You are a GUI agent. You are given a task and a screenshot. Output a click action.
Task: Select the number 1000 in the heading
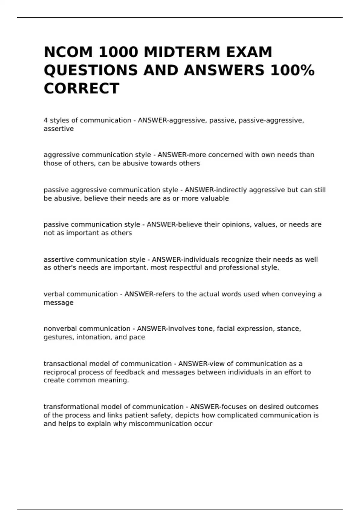(118, 52)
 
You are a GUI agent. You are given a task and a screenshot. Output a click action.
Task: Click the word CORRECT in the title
(82, 88)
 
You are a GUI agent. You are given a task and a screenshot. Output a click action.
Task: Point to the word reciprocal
(59, 372)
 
